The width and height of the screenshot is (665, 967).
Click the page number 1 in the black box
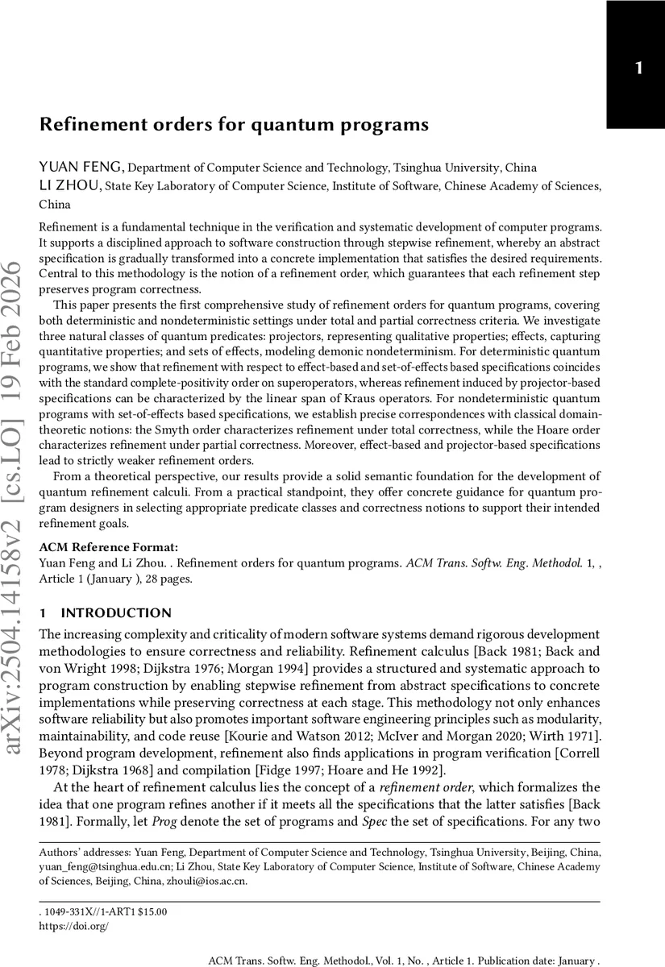(x=638, y=68)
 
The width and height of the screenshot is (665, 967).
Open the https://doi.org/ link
(x=73, y=927)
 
